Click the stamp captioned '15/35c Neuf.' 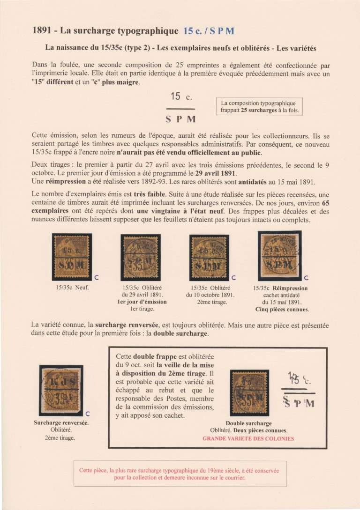point(72,257)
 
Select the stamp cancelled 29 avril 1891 point(140,257)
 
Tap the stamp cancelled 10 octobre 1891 point(209,257)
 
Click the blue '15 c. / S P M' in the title point(209,31)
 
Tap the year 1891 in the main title point(43,31)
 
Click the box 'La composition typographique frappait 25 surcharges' point(259,107)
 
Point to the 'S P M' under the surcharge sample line point(184,119)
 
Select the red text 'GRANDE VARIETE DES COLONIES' point(248,439)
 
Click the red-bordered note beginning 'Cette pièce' point(180,474)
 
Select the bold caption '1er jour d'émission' point(142,302)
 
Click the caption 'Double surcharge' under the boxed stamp point(248,423)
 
